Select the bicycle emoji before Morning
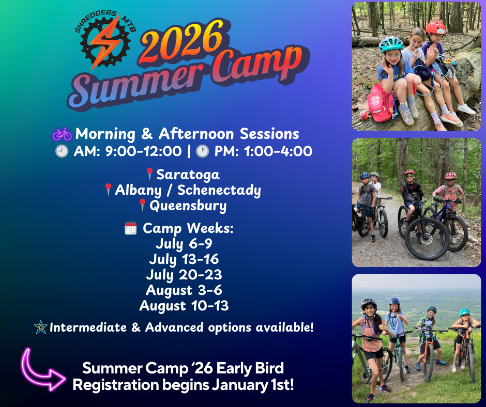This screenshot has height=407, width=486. pyautogui.click(x=62, y=134)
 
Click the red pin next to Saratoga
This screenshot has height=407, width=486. pyautogui.click(x=150, y=174)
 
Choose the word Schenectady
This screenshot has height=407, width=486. pyautogui.click(x=219, y=190)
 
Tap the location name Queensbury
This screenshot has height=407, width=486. pyautogui.click(x=188, y=206)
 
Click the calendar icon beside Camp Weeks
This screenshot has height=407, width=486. pyautogui.click(x=131, y=228)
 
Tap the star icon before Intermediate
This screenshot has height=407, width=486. pyautogui.click(x=40, y=327)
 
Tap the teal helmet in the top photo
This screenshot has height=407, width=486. pyautogui.click(x=391, y=44)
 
